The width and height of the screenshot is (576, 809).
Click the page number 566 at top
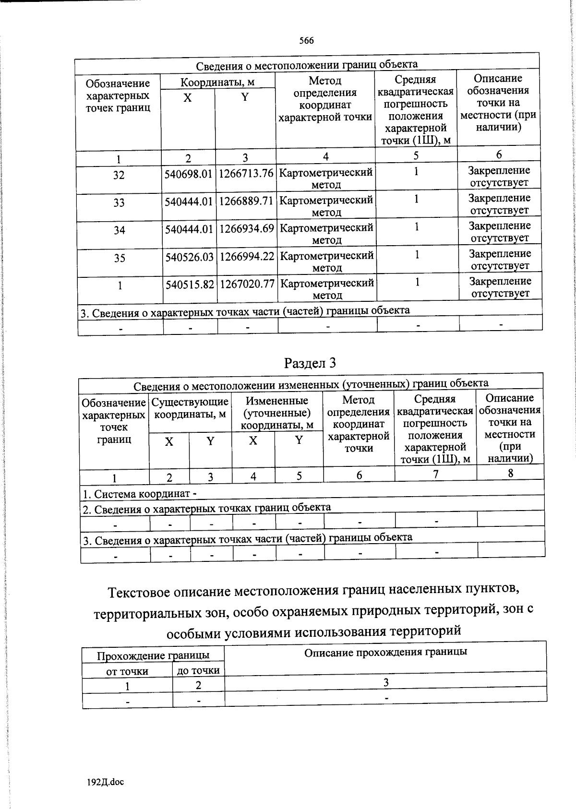coord(306,41)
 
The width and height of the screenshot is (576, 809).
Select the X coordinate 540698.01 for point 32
coord(188,174)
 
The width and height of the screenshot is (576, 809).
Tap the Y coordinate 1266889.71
coord(246,202)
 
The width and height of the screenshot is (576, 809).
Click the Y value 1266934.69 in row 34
coord(247,229)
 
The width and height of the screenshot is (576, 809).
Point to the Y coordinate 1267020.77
coord(247,285)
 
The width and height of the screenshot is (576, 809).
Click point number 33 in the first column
coord(119,202)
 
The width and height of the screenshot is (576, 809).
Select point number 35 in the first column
coord(120,258)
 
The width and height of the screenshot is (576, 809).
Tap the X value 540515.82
coord(190,285)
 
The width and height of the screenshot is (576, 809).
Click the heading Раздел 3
coord(310,363)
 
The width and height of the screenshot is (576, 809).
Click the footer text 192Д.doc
coord(105,782)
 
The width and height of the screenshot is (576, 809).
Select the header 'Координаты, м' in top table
coord(217,82)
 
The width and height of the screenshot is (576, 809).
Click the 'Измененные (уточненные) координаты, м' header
coord(277,413)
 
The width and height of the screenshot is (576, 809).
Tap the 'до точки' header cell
coord(198,670)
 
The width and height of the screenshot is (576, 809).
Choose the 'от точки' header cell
coord(127,671)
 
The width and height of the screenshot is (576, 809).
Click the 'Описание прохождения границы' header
coord(385,652)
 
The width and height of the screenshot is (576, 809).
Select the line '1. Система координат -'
coord(140,494)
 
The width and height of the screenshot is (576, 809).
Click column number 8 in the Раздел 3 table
coord(511,473)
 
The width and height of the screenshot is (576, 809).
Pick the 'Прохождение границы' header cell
coord(153,655)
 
